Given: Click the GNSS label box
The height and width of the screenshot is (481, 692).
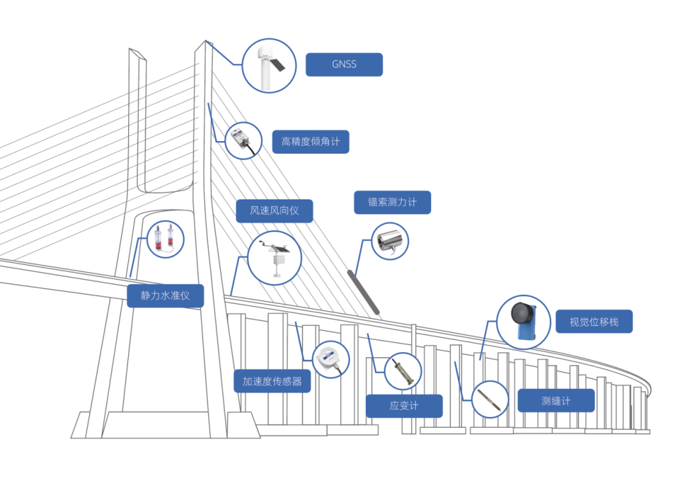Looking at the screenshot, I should click(x=344, y=65).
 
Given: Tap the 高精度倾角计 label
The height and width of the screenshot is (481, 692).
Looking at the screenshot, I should click(x=311, y=142).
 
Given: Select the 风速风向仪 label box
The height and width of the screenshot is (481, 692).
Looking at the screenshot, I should click(x=274, y=210).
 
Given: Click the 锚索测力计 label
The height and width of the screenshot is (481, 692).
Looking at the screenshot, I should click(x=392, y=202).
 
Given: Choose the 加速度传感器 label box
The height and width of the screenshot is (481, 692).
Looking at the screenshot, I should click(x=272, y=381).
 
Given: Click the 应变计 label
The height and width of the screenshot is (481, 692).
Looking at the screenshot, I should click(x=404, y=406).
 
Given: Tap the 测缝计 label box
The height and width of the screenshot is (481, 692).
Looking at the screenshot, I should click(x=556, y=401).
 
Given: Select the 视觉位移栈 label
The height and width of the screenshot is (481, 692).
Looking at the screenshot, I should click(x=594, y=321).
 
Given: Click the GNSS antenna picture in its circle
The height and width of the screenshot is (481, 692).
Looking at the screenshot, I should click(x=269, y=65).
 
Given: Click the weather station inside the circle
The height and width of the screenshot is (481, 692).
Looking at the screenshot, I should click(x=275, y=258).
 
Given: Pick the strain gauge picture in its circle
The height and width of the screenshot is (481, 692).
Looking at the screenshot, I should click(x=403, y=371).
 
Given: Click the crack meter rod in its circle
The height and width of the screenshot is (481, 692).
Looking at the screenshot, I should click(x=490, y=399).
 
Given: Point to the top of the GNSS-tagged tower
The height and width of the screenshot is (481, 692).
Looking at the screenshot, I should click(x=206, y=43).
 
